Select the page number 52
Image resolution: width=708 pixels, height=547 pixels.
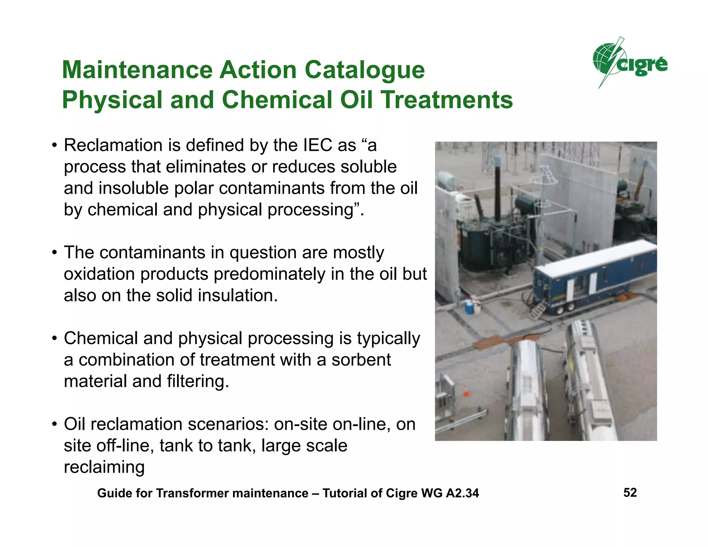pos(630,492)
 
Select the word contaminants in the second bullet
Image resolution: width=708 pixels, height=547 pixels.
pos(162,253)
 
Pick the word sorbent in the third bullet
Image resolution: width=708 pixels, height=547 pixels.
pos(361,360)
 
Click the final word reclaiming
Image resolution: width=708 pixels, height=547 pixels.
pos(104,467)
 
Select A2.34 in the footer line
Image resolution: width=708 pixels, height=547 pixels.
pos(462,493)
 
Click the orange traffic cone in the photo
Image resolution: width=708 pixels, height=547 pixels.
pos(466,392)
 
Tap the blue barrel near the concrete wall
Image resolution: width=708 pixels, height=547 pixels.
pos(469,307)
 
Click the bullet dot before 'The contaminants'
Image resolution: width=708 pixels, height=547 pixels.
pos(54,253)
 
